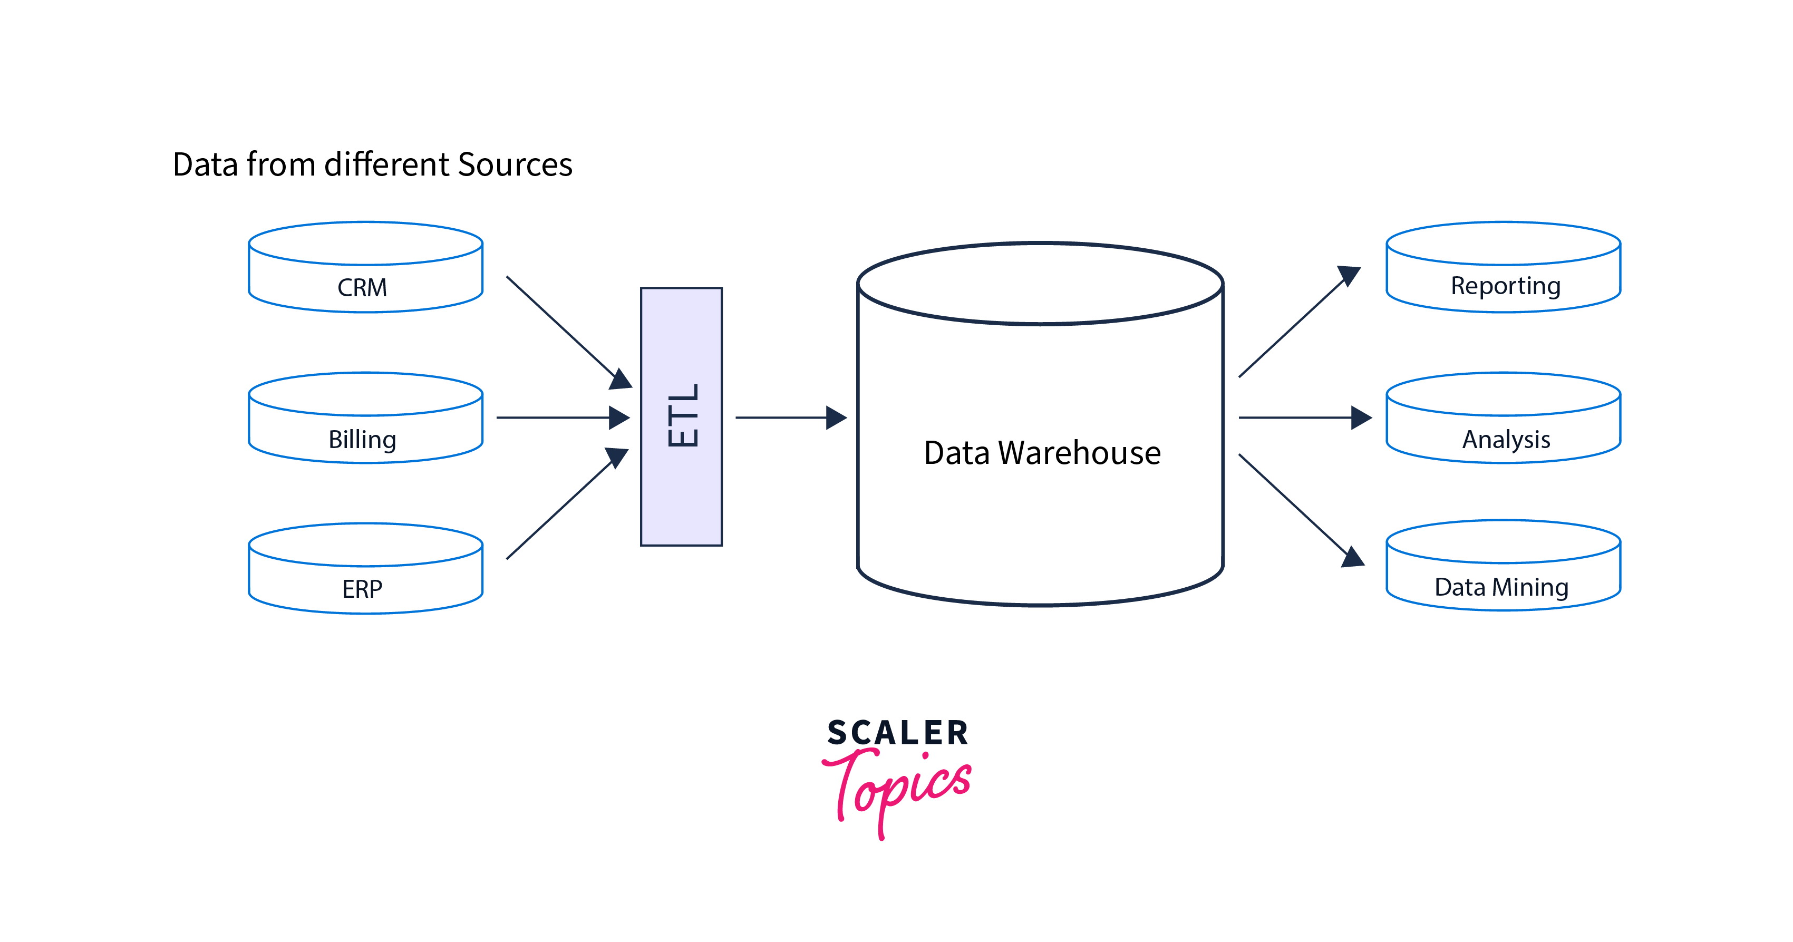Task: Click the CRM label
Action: coord(362,287)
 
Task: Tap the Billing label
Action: coord(362,439)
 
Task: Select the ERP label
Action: coord(362,589)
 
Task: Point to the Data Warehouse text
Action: coord(1042,453)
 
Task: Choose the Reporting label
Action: coord(1505,286)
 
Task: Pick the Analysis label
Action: coord(1506,439)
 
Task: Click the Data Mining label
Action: coord(1501,587)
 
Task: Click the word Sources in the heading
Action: coord(515,165)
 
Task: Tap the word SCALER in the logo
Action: coord(897,733)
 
